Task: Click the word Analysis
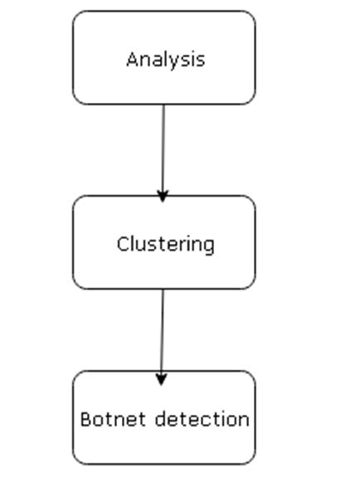pos(166,61)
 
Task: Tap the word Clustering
pos(166,245)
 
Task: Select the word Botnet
pos(113,419)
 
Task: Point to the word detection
pos(202,419)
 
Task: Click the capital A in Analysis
pos(132,59)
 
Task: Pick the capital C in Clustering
pos(123,244)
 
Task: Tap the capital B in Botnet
pos(86,419)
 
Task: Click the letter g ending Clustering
pos(209,247)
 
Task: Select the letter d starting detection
pos(161,419)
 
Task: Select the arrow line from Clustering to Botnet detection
pos(163,337)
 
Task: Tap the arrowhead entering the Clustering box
pos(163,197)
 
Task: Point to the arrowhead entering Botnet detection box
pos(162,379)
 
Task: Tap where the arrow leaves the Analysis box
pos(164,105)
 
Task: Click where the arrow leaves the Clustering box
pos(163,289)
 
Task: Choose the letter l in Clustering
pos(133,243)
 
